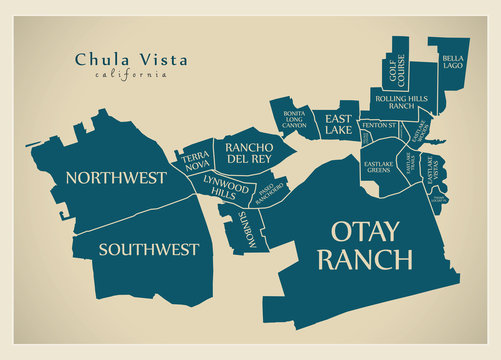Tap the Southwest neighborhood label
click(148, 249)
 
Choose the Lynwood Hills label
click(225, 187)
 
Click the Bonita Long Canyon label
click(294, 120)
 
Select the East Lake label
click(338, 124)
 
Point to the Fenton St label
click(379, 125)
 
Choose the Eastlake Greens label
click(378, 166)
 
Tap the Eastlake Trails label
click(410, 162)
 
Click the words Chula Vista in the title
click(131, 59)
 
